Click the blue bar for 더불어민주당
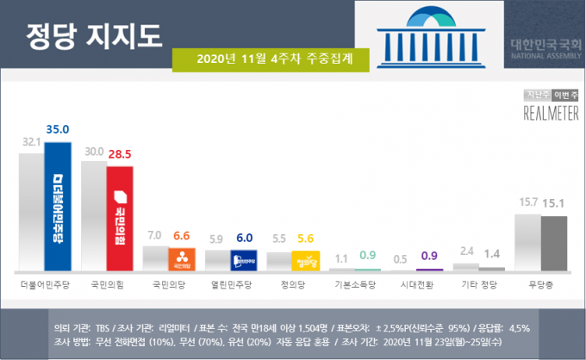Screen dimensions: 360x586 [58, 207]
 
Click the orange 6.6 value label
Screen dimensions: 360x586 [183, 236]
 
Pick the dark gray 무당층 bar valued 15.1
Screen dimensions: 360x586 [554, 244]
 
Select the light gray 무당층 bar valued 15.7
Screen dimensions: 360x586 [527, 243]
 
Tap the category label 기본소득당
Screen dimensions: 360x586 [354, 282]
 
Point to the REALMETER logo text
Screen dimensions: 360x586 [552, 113]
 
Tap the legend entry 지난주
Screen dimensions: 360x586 [538, 95]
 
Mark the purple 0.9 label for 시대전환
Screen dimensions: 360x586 [428, 255]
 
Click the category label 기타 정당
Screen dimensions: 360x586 [478, 282]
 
